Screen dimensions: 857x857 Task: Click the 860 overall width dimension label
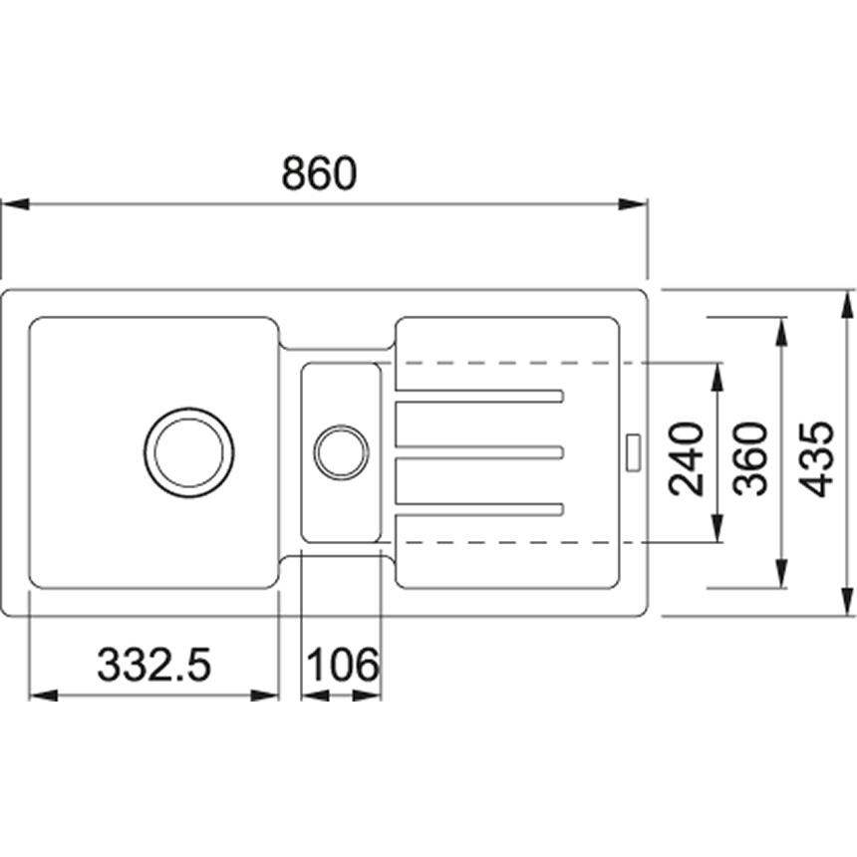tap(319, 173)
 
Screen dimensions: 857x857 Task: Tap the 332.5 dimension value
tap(153, 665)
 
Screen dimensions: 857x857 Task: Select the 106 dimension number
tap(343, 665)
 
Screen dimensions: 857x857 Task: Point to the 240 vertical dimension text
tap(686, 459)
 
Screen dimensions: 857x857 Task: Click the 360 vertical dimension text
tap(750, 459)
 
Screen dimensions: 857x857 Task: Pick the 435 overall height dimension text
tap(816, 459)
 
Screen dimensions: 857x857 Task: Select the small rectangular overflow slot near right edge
tap(634, 452)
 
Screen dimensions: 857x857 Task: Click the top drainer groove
tap(478, 397)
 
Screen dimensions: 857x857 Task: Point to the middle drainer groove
tap(478, 452)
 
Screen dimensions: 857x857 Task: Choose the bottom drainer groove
tap(478, 509)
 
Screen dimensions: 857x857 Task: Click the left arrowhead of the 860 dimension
tap(15, 204)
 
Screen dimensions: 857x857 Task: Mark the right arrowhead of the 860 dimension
tap(634, 204)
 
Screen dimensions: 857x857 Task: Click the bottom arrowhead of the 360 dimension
tap(782, 574)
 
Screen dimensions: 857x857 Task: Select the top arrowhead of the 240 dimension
tap(717, 376)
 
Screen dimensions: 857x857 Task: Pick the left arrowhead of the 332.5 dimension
tap(43, 696)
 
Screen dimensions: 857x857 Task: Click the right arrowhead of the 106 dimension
tap(367, 696)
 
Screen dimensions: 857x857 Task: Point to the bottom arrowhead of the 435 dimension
tap(848, 602)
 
